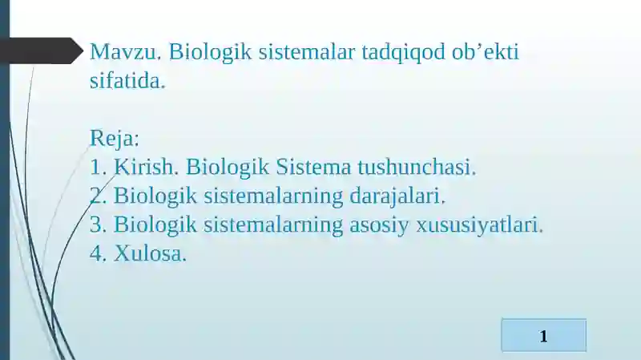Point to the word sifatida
(x=127, y=81)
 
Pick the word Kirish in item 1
(x=148, y=168)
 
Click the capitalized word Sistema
(x=313, y=168)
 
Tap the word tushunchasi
(x=417, y=168)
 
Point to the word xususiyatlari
(x=479, y=225)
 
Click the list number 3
(x=97, y=225)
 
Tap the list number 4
(x=97, y=254)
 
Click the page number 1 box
(x=543, y=335)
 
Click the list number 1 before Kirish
(x=97, y=168)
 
